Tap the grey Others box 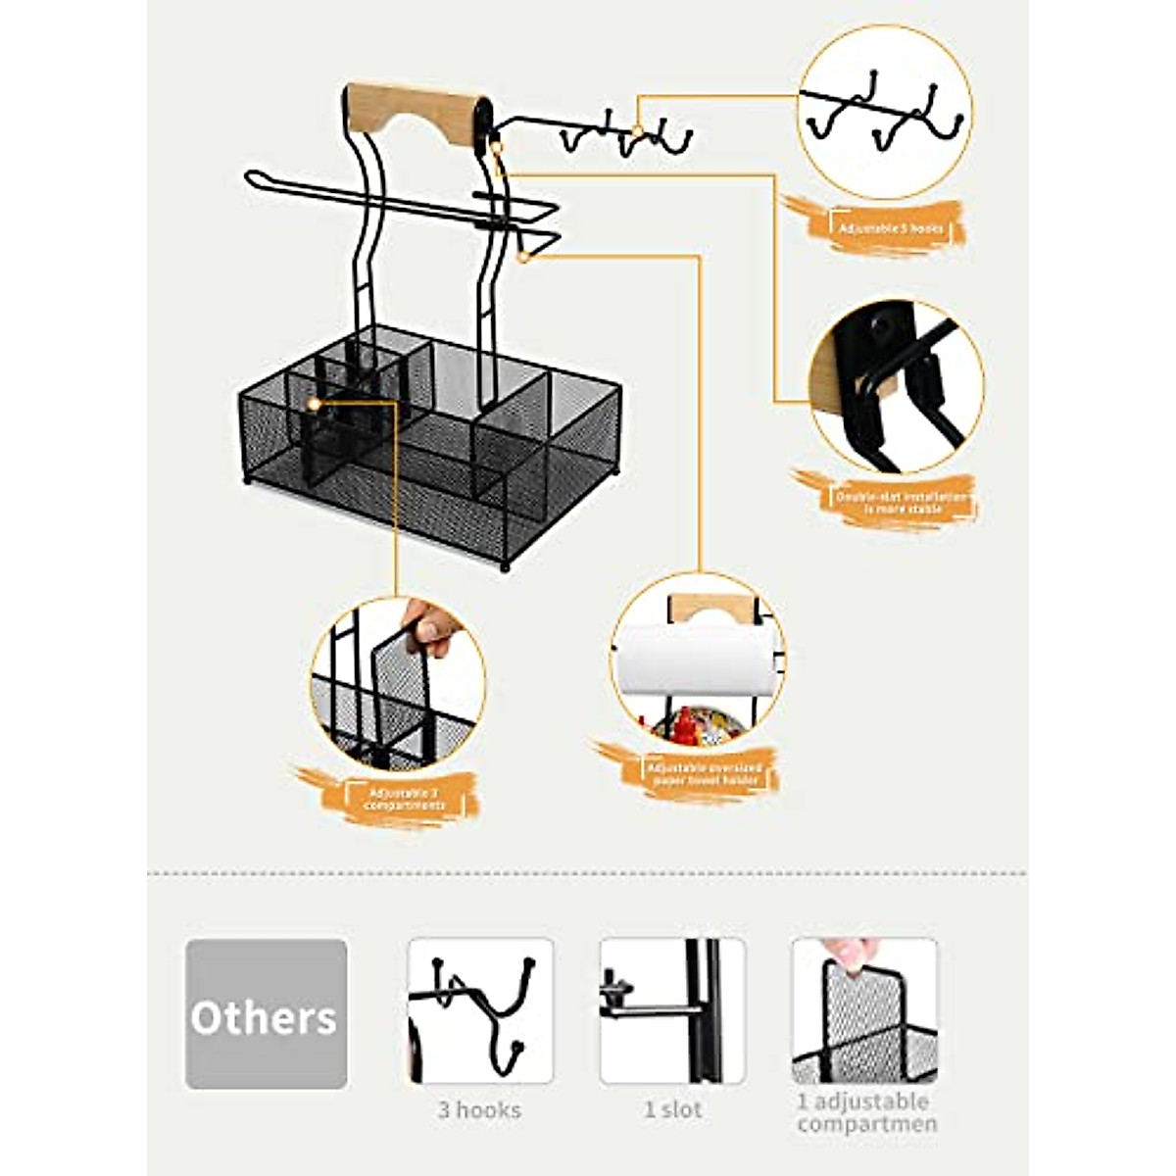click(x=266, y=1014)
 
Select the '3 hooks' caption click(x=479, y=1110)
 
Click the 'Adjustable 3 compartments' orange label click(x=405, y=799)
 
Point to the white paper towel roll click(x=690, y=661)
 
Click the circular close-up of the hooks click(x=884, y=113)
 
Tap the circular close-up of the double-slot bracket click(x=896, y=387)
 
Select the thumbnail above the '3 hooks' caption click(x=480, y=1010)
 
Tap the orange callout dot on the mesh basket click(x=314, y=403)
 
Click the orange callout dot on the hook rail click(x=637, y=130)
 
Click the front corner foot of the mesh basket click(x=507, y=565)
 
